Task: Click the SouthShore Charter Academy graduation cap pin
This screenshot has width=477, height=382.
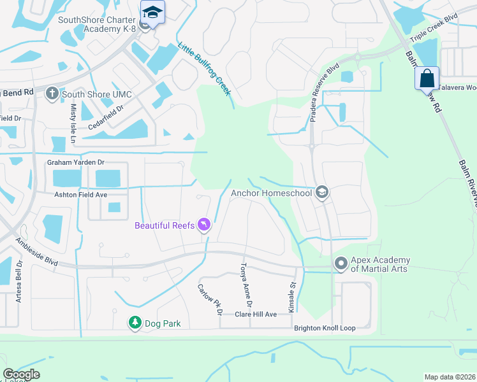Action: click(152, 12)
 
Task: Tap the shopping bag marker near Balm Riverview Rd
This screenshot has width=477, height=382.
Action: click(427, 79)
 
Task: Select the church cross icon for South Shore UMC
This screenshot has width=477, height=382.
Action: click(53, 94)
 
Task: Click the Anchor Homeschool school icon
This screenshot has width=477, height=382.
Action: click(322, 192)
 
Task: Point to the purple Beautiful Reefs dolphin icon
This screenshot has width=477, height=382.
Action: click(203, 225)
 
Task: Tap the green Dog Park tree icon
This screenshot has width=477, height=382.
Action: click(135, 323)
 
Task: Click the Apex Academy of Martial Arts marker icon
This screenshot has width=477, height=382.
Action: click(341, 262)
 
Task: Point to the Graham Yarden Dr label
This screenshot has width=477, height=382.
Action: click(75, 163)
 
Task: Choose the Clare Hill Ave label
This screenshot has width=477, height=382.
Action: click(256, 315)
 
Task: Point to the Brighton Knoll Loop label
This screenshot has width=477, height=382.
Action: click(325, 329)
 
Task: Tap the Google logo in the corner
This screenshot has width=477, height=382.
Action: click(21, 374)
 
